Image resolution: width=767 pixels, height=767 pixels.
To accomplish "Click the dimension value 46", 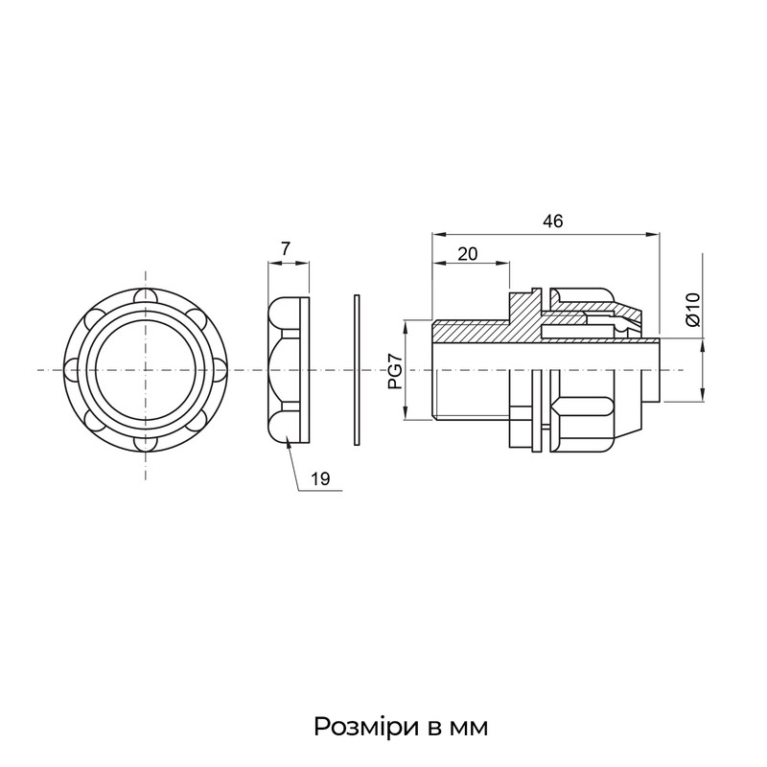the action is pos(553,221).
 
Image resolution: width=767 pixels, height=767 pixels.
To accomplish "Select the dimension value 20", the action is pos(467,254).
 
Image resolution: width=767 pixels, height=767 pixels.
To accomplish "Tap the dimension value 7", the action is pos(286,249).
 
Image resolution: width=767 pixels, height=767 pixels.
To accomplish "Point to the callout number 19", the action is pos(320,478).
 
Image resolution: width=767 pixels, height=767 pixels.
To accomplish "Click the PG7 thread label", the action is pos(395,371).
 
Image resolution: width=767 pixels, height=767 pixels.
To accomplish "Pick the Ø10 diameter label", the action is pos(693,309).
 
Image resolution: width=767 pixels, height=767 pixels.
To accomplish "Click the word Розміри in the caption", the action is pos(367,727).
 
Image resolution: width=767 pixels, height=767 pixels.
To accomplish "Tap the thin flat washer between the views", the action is pos(357,370).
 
